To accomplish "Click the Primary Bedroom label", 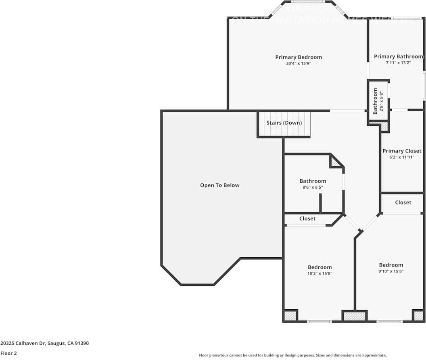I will coord(299,57).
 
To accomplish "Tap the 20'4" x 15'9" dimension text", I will coord(299,63).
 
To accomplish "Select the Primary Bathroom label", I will coord(398,56).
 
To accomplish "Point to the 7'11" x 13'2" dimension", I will coord(398,62).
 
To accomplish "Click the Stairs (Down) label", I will coord(284,123).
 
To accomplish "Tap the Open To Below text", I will coord(220,185).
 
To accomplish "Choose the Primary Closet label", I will coord(402,151).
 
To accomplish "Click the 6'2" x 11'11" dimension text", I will coord(402,157).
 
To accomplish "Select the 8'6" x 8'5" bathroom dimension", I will coord(313,187).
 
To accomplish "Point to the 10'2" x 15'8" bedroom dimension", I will coord(320,273).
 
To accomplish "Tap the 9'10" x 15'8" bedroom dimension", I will coord(391,271).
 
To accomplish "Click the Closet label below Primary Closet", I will coord(403,202).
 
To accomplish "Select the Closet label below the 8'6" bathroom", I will coord(307,218).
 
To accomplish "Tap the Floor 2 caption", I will coord(9,353).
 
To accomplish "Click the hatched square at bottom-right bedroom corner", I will coord(418,315).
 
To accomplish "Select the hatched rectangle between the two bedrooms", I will coord(354,316).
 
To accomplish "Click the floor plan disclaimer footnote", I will coord(292,355).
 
